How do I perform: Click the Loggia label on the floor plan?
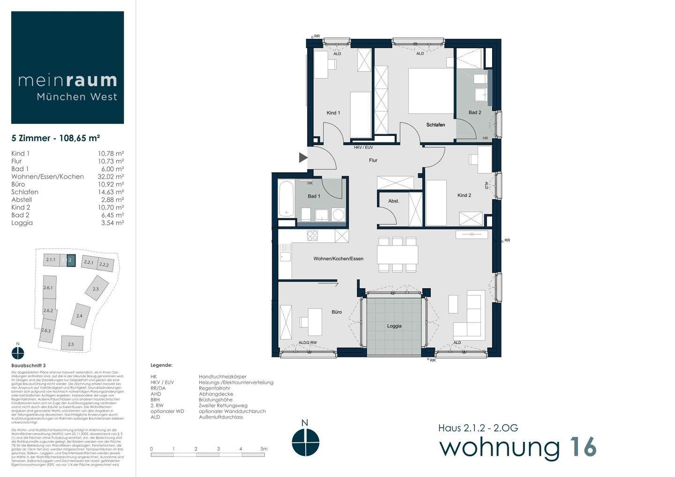point(394,326)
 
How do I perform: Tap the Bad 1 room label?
point(314,196)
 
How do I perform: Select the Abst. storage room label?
point(394,201)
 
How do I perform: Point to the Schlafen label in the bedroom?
point(435,125)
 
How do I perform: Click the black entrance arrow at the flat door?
point(303,158)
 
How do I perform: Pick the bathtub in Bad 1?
point(286,199)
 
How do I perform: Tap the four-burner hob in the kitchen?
point(313,236)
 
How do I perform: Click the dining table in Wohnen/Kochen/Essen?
point(397,254)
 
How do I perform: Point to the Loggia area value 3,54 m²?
point(112,223)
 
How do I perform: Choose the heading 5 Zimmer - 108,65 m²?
point(56,138)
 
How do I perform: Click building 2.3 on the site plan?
point(96,289)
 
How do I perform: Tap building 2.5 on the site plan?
point(71,344)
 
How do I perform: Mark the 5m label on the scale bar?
point(264,449)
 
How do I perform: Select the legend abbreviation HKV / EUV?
point(162,382)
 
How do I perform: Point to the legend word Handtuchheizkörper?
point(222,377)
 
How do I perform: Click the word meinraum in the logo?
point(67,81)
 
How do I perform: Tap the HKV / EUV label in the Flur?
point(363,148)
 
